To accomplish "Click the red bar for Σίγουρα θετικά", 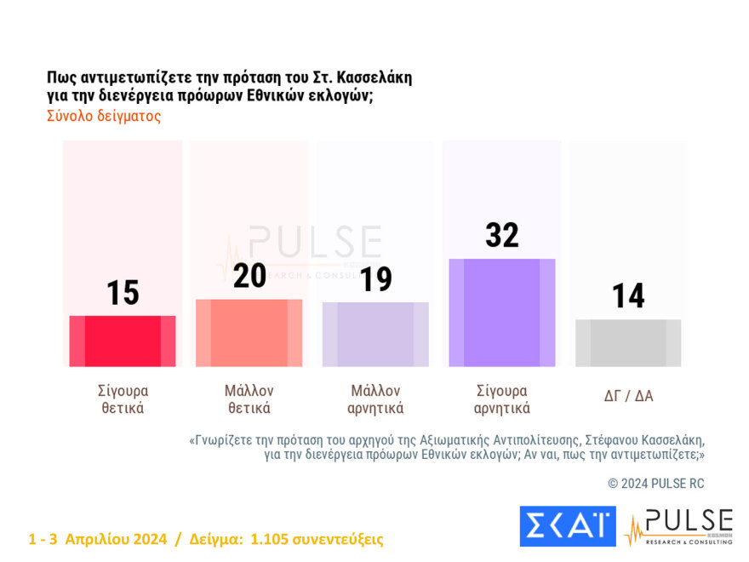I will pos(123,341).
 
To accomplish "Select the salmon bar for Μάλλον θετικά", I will pos(249,333).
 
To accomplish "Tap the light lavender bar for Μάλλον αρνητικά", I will pos(375,334).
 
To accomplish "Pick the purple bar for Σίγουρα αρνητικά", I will pos(501,313).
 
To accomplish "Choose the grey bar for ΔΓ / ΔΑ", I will pos(628,343).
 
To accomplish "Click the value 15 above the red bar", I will pos(123,293).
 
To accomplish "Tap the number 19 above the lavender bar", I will pos(375,278).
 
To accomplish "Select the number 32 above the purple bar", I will pos(501,235).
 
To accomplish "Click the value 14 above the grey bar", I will pos(628,296).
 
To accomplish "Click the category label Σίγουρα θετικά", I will pos(123,399).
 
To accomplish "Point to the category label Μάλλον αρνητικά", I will pos(375,399).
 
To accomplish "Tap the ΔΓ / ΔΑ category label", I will pos(628,396).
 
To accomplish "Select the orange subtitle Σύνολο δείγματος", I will pos(104,117).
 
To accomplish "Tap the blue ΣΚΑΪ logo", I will pos(567,526).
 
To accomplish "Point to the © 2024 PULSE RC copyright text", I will pos(656,484).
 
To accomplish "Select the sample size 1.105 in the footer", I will pos(266,539).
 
